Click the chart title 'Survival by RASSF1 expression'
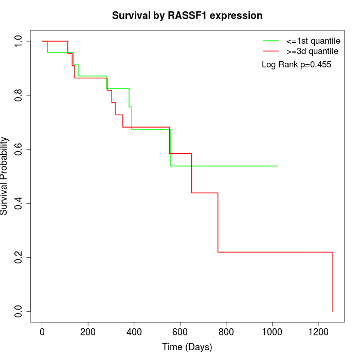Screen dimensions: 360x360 point(187,15)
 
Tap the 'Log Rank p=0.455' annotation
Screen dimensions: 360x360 point(296,65)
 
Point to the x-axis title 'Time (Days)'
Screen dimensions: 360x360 point(187,348)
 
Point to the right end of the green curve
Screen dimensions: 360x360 point(278,166)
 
